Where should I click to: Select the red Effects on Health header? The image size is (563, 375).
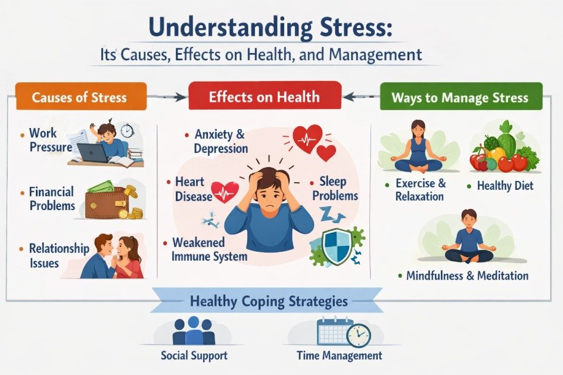[x=265, y=97]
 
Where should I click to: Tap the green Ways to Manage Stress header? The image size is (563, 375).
[x=461, y=97]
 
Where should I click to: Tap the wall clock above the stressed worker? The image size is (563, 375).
[x=127, y=131]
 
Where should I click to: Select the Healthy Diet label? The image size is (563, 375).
[x=505, y=186]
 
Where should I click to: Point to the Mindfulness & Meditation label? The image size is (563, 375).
[x=466, y=276]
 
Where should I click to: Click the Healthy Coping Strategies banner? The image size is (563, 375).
[x=268, y=301]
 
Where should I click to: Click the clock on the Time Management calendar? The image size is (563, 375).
[x=357, y=335]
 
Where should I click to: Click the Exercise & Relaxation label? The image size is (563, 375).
[x=419, y=189]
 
